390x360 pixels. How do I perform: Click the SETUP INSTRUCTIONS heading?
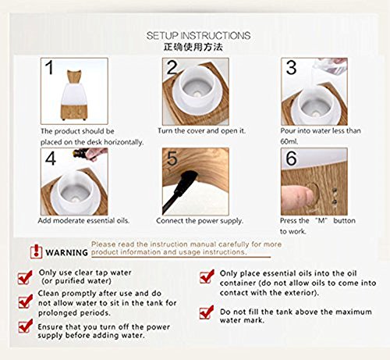198,35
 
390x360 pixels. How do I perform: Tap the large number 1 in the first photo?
49,67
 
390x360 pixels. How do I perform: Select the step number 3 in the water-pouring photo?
291,67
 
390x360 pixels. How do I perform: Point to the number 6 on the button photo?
291,158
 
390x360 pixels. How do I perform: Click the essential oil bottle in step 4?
80,153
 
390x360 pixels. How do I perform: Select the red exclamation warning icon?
36,251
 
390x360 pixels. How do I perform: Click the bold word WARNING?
67,252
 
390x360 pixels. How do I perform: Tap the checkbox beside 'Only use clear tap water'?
25,277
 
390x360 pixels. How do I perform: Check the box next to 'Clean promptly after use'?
25,301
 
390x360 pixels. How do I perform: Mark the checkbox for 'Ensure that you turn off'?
25,326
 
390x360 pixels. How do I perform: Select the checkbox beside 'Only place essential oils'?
207,276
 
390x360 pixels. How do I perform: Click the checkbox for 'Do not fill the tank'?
207,312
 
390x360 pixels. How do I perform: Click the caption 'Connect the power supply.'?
200,221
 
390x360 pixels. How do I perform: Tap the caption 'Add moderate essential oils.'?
83,221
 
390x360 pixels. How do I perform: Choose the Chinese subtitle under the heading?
193,47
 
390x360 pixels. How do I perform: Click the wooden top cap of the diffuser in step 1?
74,76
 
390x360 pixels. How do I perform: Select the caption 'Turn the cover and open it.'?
201,130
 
